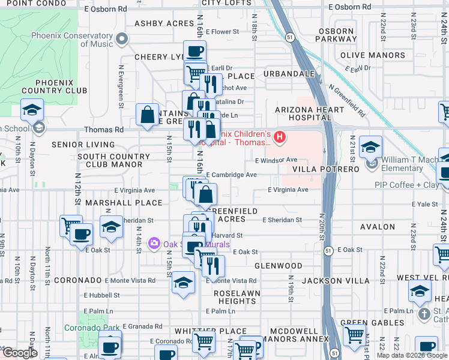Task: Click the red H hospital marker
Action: pyautogui.click(x=279, y=139)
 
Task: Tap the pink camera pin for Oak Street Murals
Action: pyautogui.click(x=154, y=243)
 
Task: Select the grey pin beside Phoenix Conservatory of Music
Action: pyautogui.click(x=122, y=40)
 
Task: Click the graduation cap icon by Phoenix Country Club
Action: pyautogui.click(x=32, y=110)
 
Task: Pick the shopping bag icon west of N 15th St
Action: pyautogui.click(x=147, y=115)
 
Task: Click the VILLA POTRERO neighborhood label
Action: pyautogui.click(x=325, y=170)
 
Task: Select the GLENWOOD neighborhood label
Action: pyautogui.click(x=278, y=265)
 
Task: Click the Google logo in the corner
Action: pyautogui.click(x=20, y=353)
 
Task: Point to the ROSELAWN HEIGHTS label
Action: pyautogui.click(x=235, y=297)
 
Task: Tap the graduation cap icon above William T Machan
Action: pyautogui.click(x=370, y=147)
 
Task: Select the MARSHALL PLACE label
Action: pyautogui.click(x=118, y=203)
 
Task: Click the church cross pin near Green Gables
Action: pyautogui.click(x=424, y=314)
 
